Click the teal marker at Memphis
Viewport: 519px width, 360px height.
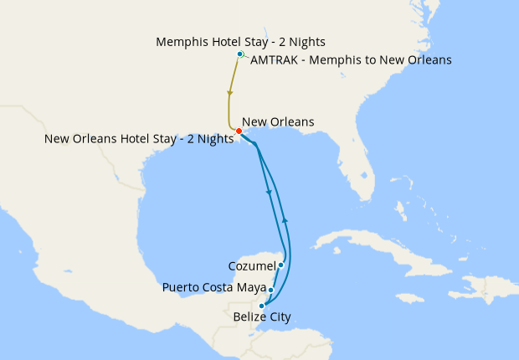[x=240, y=54]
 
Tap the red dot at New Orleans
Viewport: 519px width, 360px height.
[x=239, y=131]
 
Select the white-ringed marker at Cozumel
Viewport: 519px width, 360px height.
[x=281, y=265]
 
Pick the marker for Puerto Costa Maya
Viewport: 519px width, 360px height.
[x=270, y=291]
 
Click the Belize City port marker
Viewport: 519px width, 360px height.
[x=262, y=306]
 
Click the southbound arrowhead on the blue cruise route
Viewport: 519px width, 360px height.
[x=269, y=193]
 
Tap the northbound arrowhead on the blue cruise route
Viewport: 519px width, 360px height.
[x=285, y=219]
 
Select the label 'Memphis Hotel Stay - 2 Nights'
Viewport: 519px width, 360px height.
[x=241, y=41]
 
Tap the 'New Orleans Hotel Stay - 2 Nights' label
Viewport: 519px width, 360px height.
[x=139, y=139]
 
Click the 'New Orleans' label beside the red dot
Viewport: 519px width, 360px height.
[x=278, y=122]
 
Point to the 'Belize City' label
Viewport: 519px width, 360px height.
[x=263, y=317]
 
